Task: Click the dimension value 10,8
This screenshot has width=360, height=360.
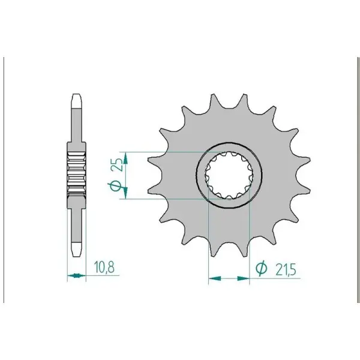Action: pos(104,267)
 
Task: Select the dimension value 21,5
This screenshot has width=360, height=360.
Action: pos(286,270)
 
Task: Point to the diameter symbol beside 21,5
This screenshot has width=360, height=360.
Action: pos(262,268)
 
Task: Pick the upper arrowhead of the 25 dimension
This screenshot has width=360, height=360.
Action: pos(125,158)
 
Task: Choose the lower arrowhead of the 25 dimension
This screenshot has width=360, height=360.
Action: pos(125,193)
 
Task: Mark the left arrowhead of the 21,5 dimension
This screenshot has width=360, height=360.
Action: pos(215,278)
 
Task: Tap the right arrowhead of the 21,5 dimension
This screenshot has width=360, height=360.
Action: pos(243,278)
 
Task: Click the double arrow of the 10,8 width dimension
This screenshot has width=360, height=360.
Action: pos(76,275)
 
